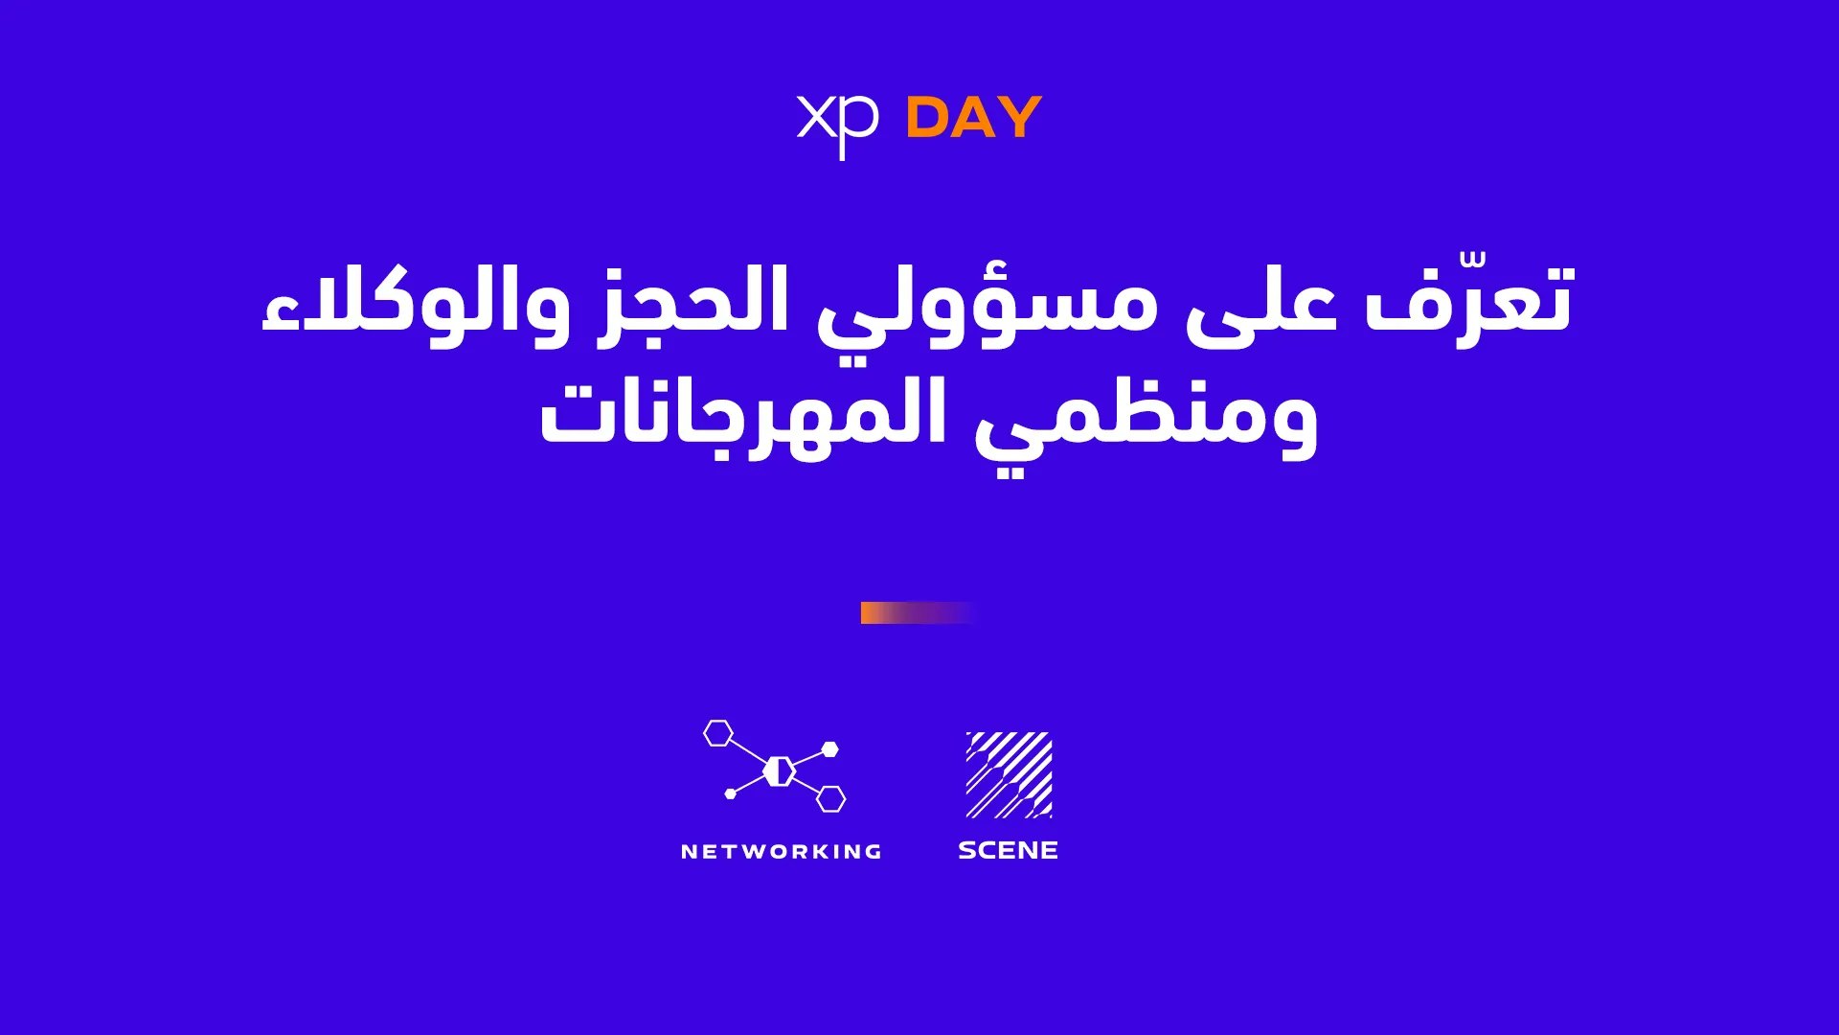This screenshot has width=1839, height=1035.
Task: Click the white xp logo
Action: [x=836, y=124]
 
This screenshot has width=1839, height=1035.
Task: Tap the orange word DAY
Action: [x=973, y=118]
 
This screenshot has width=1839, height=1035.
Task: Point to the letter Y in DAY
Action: [x=1018, y=118]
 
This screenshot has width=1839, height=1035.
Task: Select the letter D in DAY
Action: [x=927, y=118]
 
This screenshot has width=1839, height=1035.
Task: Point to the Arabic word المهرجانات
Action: [x=743, y=416]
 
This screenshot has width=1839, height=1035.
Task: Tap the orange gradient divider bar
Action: [x=918, y=612]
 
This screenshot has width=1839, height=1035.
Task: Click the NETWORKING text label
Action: [x=782, y=851]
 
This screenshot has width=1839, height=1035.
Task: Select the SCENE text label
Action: [x=1009, y=850]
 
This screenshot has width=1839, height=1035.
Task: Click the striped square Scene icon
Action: [x=1010, y=774]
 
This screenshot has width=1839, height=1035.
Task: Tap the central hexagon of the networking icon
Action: [x=780, y=770]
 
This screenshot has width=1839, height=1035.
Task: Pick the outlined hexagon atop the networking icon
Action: [x=718, y=733]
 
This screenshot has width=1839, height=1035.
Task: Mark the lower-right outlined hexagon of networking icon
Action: [x=831, y=798]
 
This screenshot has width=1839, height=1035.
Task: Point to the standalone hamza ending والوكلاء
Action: [x=277, y=317]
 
